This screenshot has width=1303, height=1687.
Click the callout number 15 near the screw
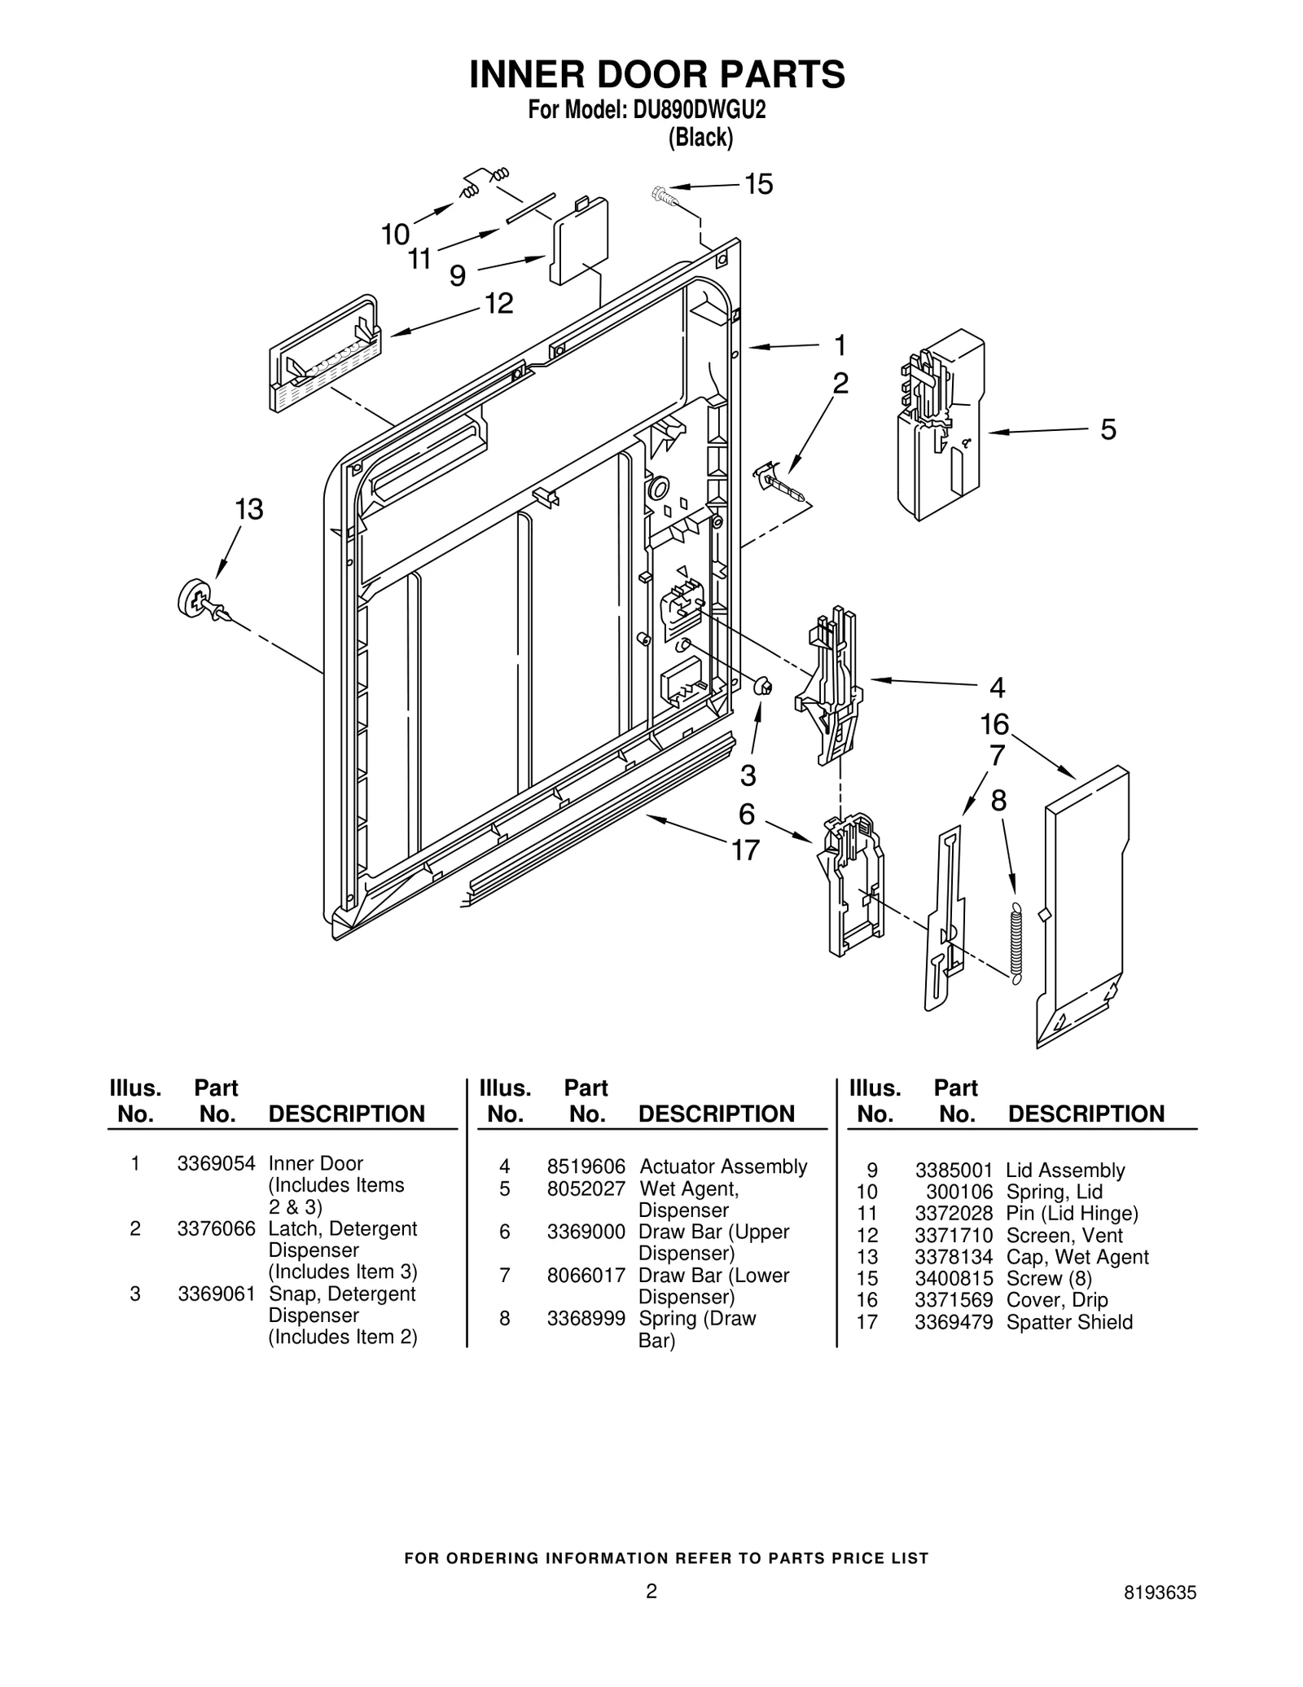[758, 185]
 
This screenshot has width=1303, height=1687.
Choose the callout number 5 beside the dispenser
[1108, 429]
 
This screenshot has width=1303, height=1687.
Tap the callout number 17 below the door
[745, 850]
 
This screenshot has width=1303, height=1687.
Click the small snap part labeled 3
[763, 687]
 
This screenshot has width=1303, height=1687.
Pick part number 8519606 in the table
[586, 1166]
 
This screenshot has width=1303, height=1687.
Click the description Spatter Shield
[1069, 1322]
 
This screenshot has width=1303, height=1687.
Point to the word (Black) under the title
[700, 138]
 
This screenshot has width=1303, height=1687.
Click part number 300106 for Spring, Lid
[959, 1192]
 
